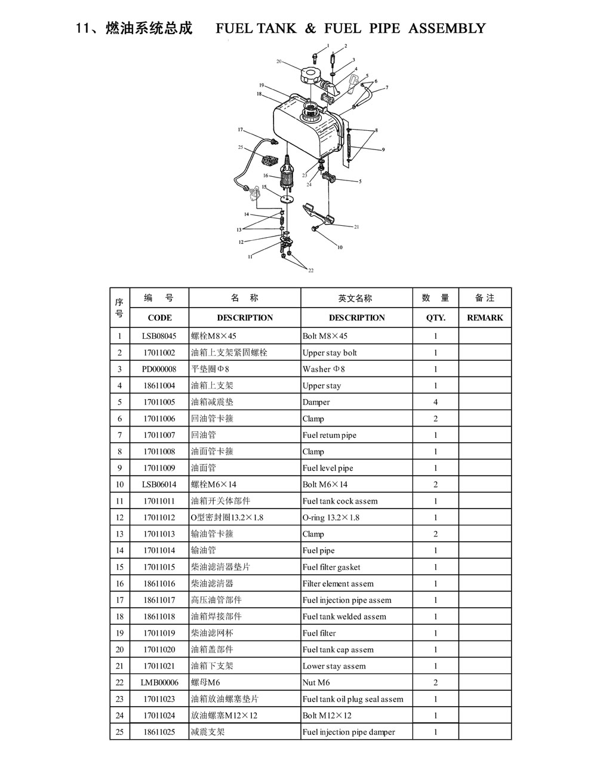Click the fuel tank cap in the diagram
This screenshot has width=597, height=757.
click(x=309, y=75)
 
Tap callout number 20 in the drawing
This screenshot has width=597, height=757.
click(x=279, y=61)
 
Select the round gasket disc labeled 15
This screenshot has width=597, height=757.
click(x=287, y=200)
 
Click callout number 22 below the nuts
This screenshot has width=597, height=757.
click(x=310, y=271)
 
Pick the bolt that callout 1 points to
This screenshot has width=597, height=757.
click(x=315, y=58)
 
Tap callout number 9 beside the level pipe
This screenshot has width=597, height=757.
click(x=383, y=149)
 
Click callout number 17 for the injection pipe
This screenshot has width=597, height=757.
click(x=240, y=130)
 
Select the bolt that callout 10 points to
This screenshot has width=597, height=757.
click(x=315, y=228)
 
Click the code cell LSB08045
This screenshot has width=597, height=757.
click(x=159, y=336)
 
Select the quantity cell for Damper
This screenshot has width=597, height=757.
click(x=435, y=402)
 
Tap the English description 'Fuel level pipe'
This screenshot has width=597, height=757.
click(x=328, y=468)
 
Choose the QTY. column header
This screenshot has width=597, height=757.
click(x=436, y=318)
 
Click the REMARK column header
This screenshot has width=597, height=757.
click(x=485, y=318)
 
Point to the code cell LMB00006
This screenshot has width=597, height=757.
click(x=159, y=682)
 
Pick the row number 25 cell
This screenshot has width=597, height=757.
click(x=119, y=732)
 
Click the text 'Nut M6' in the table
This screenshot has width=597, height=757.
click(x=316, y=682)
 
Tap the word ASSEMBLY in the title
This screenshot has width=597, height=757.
click(x=447, y=28)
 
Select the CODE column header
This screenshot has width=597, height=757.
click(x=159, y=318)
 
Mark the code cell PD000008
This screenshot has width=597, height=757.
click(x=159, y=369)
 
